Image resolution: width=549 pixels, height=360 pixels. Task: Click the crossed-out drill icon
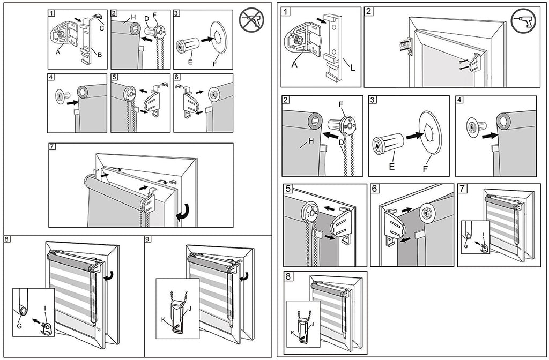click(251, 21)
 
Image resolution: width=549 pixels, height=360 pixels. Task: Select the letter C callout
click(102, 29)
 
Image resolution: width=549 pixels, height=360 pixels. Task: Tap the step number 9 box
click(149, 239)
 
